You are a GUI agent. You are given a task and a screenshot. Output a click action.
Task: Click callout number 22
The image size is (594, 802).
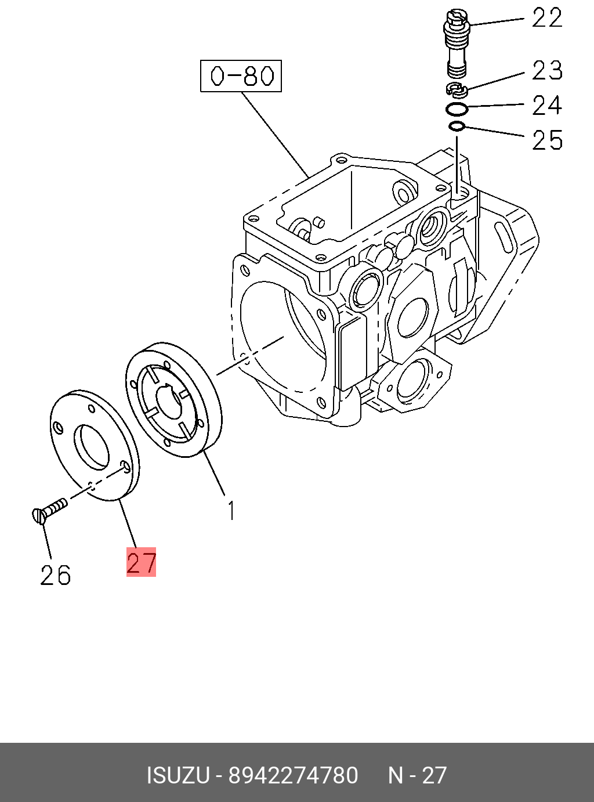coord(547,18)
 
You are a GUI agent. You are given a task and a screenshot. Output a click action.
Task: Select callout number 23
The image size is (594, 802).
coord(547,70)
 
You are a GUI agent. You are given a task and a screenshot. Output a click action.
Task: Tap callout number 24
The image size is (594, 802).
coord(547,106)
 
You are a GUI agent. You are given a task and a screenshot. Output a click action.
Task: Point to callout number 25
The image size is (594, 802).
coord(547,140)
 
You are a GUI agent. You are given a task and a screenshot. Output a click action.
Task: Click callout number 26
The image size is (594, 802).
coord(56,575)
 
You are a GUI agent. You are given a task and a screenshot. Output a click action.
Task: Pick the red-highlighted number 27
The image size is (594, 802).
coord(142,562)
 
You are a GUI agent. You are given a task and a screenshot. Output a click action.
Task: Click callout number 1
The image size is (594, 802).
coord(231,511)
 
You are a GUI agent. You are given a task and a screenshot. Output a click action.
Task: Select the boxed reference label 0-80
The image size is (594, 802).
coord(241,76)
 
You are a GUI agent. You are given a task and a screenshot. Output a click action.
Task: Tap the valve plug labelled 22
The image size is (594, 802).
coord(457,44)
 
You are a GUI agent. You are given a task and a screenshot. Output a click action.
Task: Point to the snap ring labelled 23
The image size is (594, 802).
coord(457,89)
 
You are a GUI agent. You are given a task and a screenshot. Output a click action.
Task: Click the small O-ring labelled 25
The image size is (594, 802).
coord(457,127)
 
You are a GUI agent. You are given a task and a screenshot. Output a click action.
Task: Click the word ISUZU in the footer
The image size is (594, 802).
coord(178,775)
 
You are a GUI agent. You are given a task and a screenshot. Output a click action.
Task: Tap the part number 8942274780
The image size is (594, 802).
coord(293,775)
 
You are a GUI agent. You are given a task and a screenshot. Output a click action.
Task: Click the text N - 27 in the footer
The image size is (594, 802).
coord(417,775)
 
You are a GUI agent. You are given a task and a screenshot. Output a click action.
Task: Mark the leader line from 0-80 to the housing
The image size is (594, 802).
coord(274,134)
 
